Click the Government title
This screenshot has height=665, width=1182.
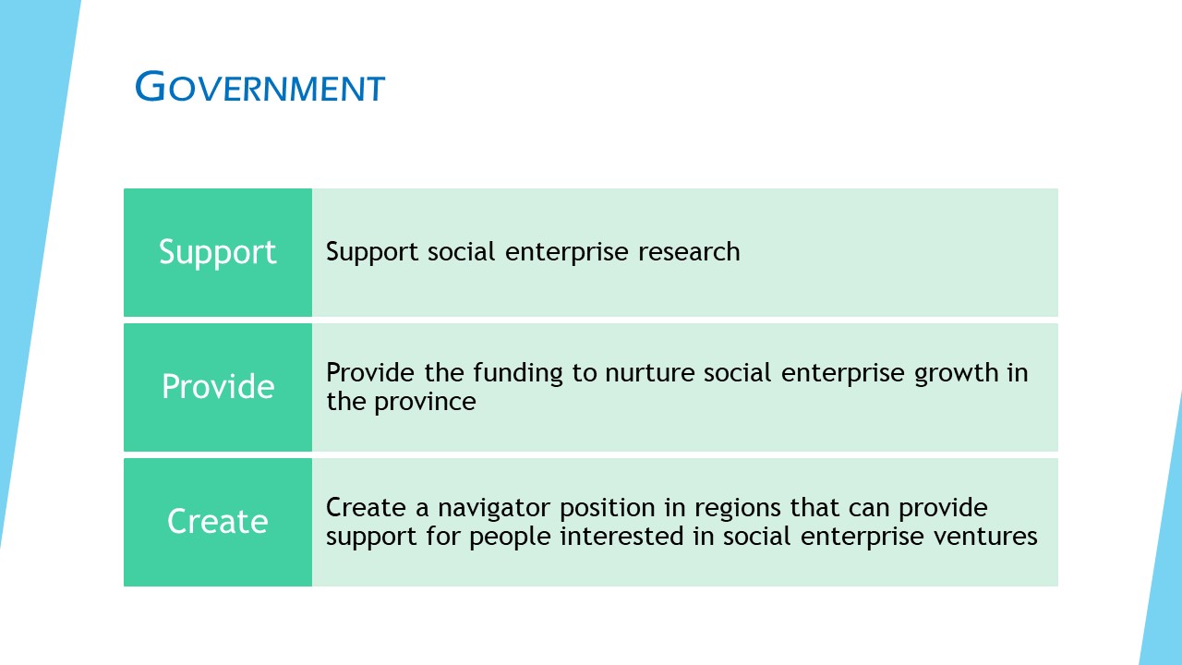click(x=260, y=86)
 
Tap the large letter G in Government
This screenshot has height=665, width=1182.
click(x=151, y=86)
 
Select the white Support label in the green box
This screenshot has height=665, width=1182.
click(x=217, y=253)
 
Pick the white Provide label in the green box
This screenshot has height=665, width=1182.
click(x=218, y=386)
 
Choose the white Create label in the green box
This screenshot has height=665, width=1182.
click(x=218, y=521)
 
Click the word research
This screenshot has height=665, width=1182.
click(x=689, y=251)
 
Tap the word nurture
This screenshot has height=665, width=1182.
click(x=649, y=373)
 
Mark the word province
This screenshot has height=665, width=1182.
click(x=426, y=403)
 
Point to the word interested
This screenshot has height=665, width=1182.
click(x=621, y=537)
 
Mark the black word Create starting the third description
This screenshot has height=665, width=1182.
click(x=366, y=508)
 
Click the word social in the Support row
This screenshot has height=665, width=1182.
click(x=462, y=251)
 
